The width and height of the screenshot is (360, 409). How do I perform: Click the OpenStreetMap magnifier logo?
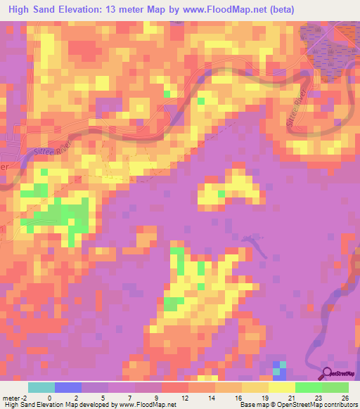tap(328, 375)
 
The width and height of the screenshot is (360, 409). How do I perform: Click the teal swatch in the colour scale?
tap(41, 387)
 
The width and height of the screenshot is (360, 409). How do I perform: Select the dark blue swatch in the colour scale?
tap(68, 387)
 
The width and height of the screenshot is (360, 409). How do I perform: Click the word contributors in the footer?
tap(340, 405)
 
